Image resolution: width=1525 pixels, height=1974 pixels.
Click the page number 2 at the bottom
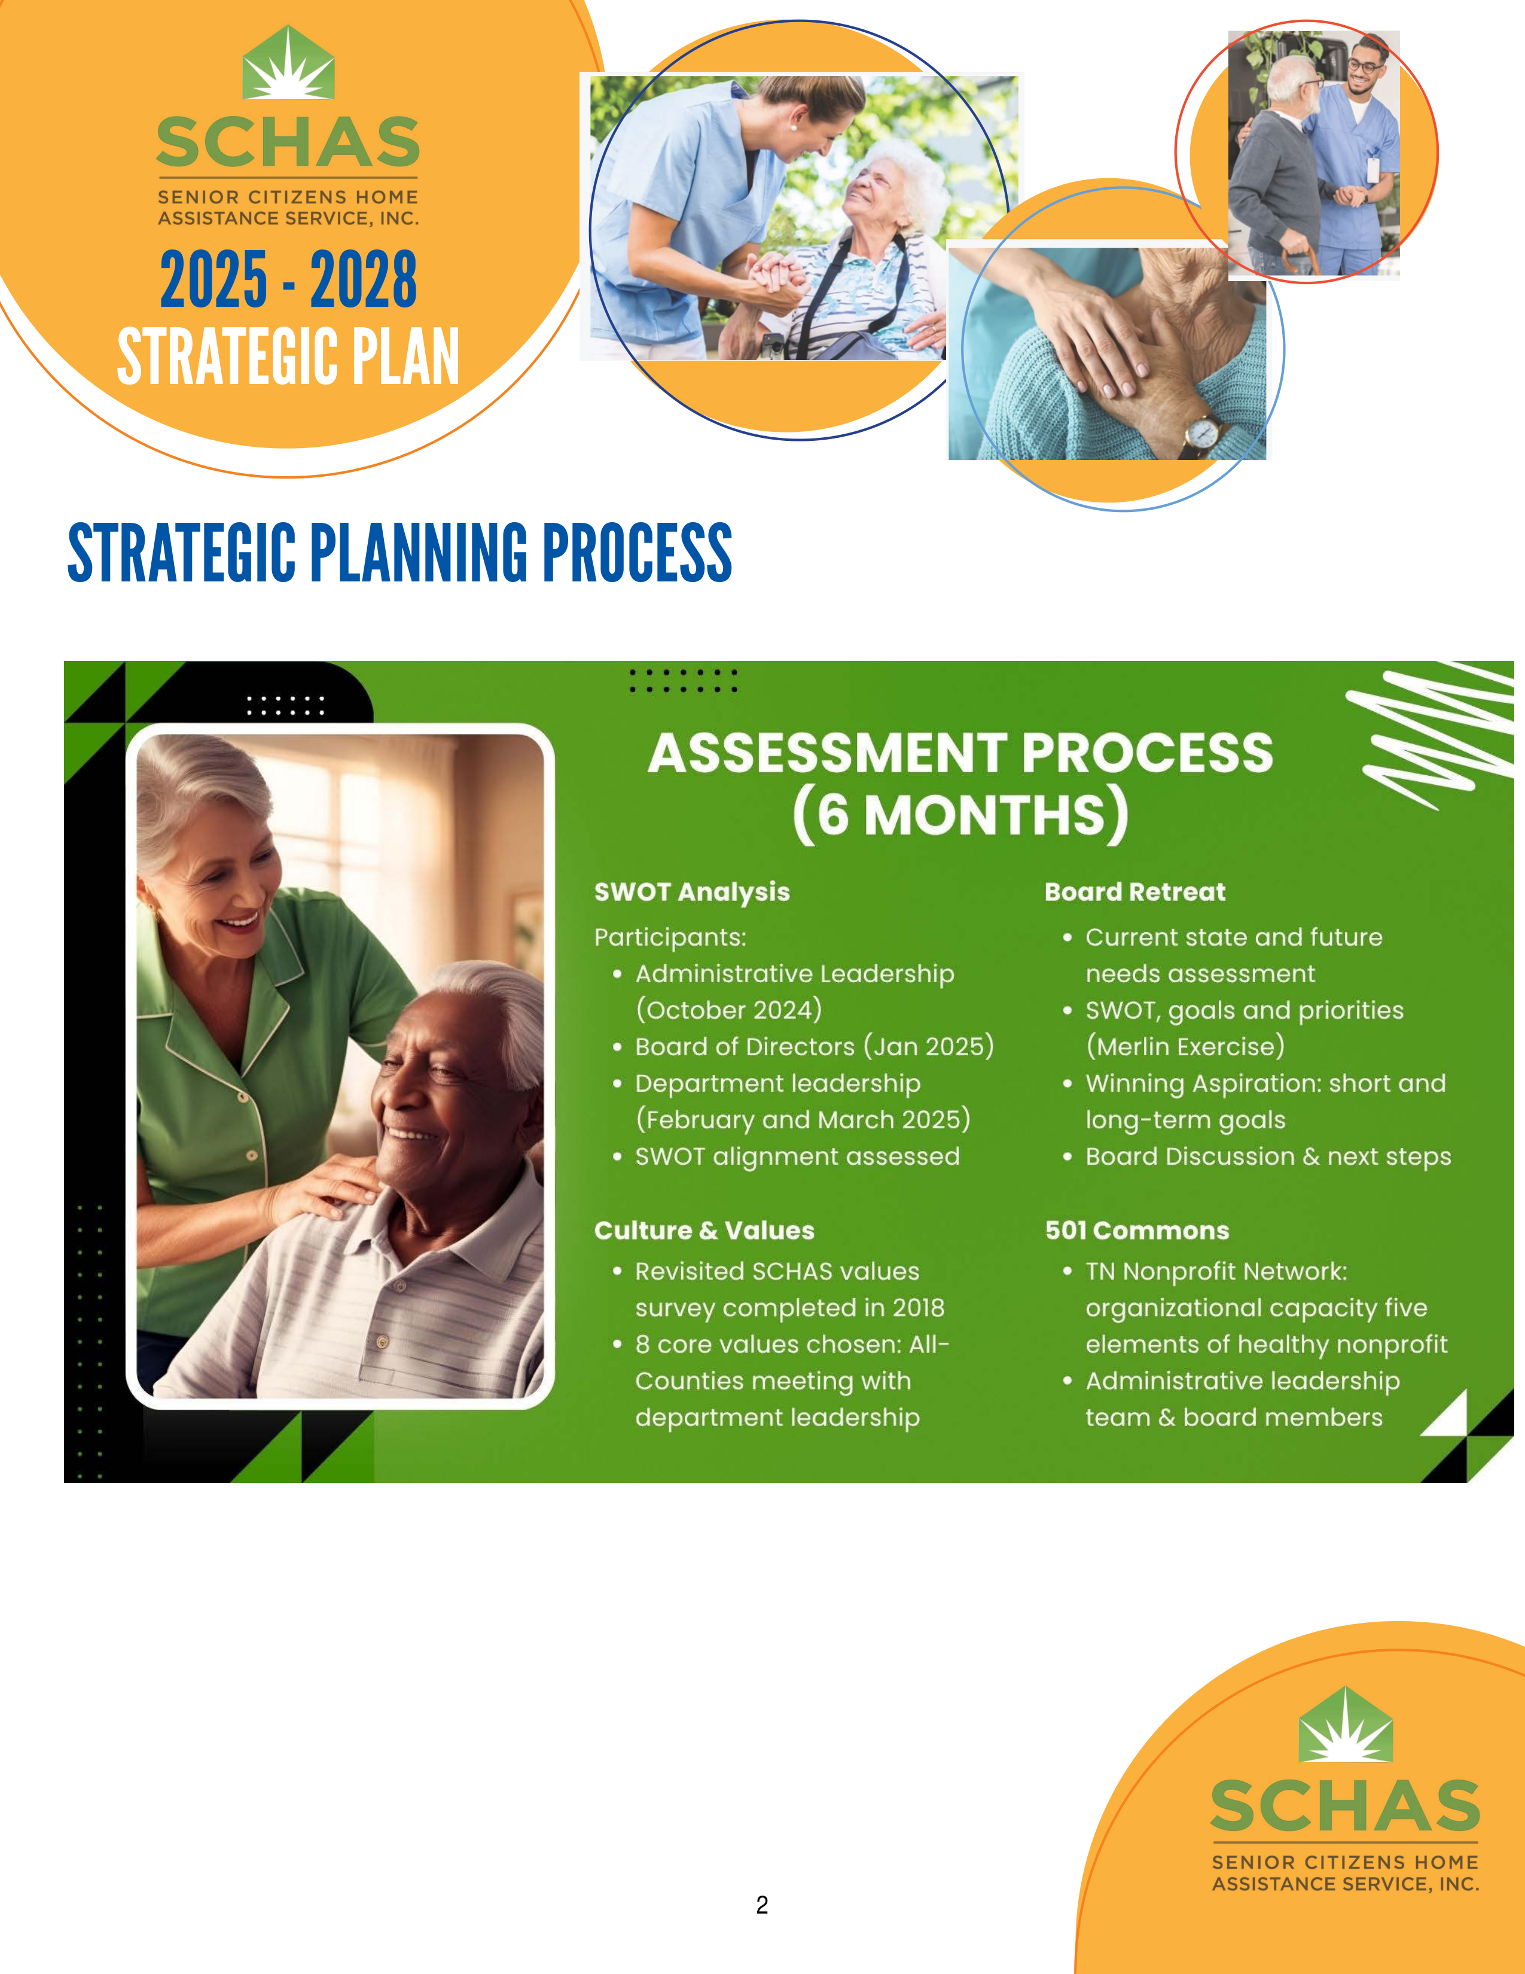point(761,1905)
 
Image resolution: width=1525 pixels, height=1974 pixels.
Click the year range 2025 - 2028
point(288,279)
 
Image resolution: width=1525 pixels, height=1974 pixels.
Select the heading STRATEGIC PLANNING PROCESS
point(399,552)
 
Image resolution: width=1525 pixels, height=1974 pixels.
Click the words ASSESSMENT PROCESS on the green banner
point(960,753)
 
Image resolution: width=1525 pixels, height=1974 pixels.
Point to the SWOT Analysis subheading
point(692,892)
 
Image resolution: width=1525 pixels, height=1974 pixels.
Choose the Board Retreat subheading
point(1134,892)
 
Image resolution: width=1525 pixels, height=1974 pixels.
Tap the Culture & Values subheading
point(704,1230)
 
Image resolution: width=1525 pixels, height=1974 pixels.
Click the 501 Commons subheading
point(1136,1230)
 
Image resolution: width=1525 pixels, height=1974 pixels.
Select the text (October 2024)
point(728,1010)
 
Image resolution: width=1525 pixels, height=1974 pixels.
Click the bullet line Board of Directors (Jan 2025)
point(814,1047)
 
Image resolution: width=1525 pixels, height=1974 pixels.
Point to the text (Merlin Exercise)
point(1184,1047)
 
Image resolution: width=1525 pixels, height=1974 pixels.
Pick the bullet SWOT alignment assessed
point(797,1156)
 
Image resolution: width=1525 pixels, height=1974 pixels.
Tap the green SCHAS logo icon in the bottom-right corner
point(1345,1725)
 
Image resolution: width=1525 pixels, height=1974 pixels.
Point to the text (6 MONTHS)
point(960,814)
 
